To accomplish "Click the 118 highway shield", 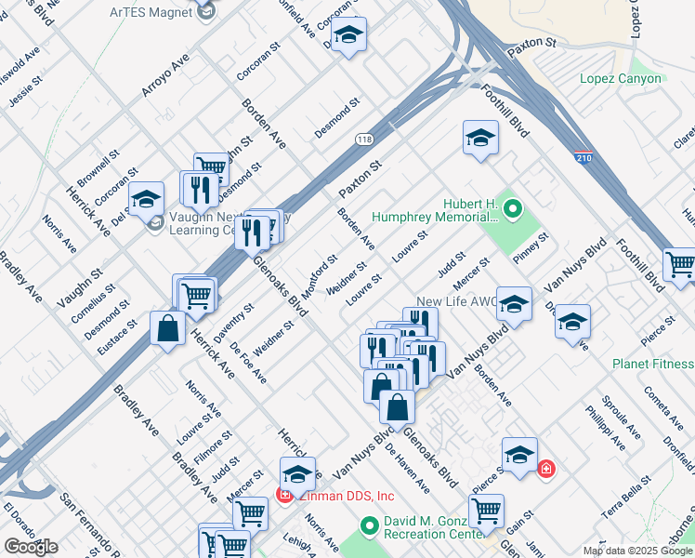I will tap(364, 139).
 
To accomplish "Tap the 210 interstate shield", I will tap(584, 159).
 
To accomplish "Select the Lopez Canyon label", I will tap(621, 78).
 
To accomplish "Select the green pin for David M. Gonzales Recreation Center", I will tap(370, 526).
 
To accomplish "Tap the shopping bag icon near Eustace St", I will tap(167, 328).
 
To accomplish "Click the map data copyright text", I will tap(637, 551).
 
